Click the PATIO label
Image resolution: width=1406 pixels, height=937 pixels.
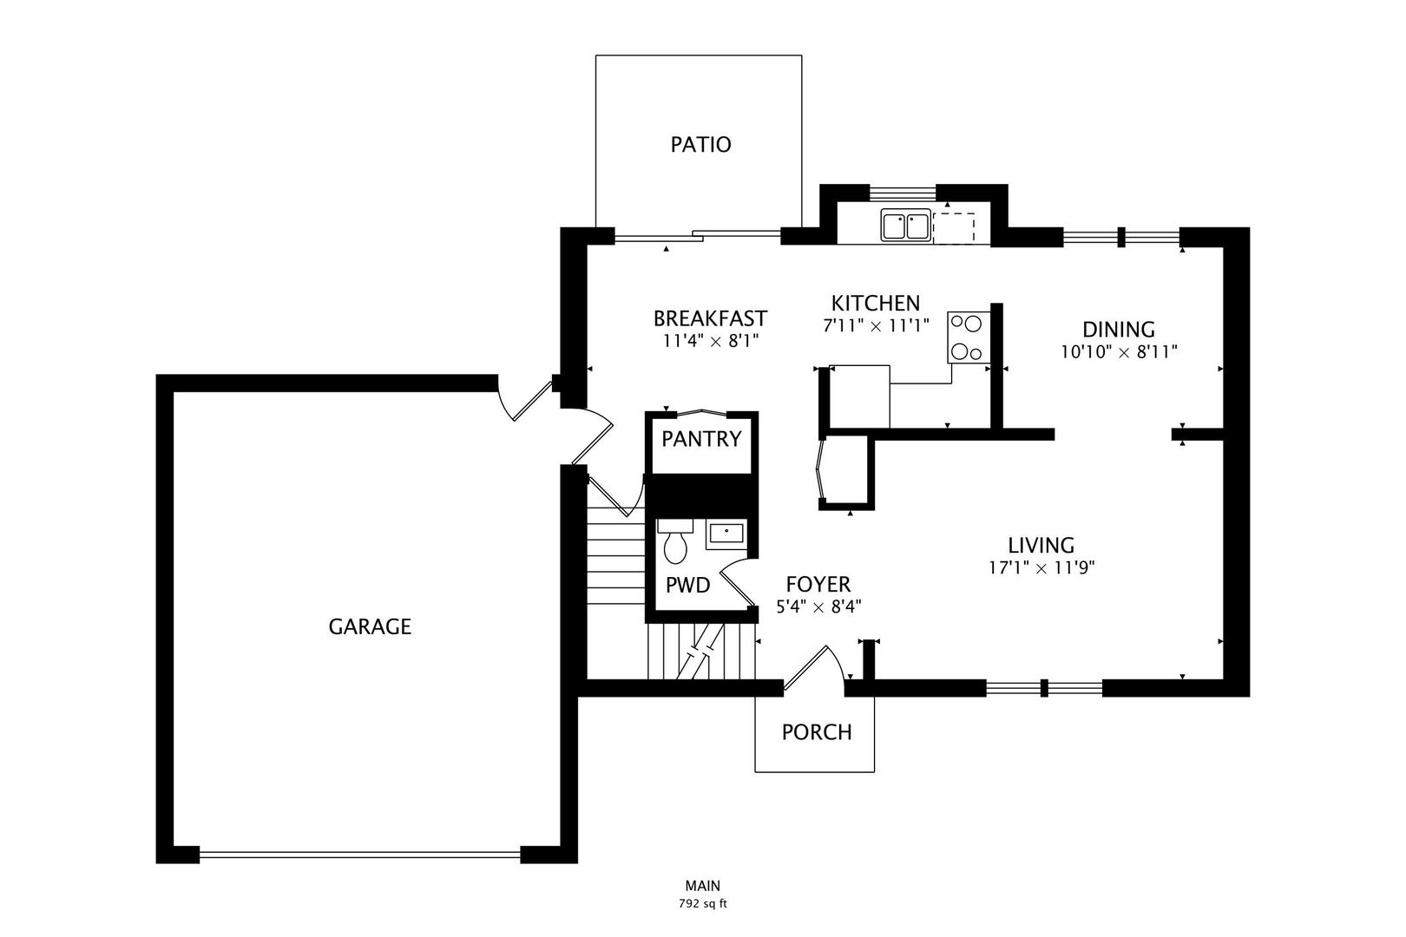coord(700,145)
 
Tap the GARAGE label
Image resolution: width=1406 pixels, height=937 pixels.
coord(370,626)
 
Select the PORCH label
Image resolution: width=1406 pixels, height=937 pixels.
coord(817,732)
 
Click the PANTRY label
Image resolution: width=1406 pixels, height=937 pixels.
coord(702,439)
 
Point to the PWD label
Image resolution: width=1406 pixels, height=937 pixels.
coord(688,585)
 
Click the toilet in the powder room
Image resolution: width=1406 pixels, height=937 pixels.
coord(675,541)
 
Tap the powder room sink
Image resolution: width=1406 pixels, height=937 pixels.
coord(726,534)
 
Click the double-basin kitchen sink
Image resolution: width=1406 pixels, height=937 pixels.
coord(906,226)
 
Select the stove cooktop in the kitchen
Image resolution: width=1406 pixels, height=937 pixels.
coord(968,337)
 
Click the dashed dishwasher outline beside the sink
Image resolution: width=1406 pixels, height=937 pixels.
coord(954,228)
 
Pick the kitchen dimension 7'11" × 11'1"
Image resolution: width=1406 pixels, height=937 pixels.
coord(876,325)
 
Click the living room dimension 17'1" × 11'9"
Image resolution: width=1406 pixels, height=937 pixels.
coord(1041,568)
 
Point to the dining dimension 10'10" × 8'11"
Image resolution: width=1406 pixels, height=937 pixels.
coord(1119,352)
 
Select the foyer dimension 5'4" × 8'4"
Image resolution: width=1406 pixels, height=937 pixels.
coord(818,607)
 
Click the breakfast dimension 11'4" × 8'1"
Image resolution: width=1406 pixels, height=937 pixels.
coord(711,342)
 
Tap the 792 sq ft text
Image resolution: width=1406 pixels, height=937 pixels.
coord(702,904)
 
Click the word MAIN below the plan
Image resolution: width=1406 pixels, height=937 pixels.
coord(702,886)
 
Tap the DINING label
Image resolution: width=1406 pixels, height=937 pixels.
coord(1119,330)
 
